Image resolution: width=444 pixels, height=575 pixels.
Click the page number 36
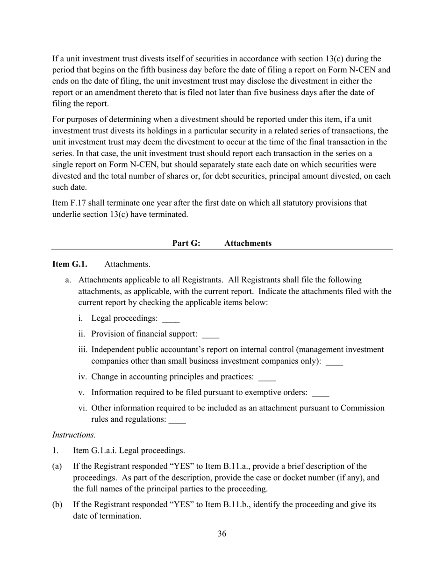click(222, 534)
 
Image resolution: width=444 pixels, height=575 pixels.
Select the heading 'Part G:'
click(186, 243)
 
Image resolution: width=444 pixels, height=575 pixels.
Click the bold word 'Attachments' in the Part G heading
click(248, 243)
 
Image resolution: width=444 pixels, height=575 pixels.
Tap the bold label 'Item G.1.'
click(70, 264)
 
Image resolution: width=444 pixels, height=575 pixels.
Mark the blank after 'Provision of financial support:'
click(211, 336)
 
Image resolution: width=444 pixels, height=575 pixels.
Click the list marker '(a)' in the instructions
click(57, 467)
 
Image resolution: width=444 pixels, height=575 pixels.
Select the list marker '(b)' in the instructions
click(57, 505)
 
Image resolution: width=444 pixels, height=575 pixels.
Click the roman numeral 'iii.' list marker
click(84, 350)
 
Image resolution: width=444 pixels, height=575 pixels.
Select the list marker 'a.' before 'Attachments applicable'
click(68, 280)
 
